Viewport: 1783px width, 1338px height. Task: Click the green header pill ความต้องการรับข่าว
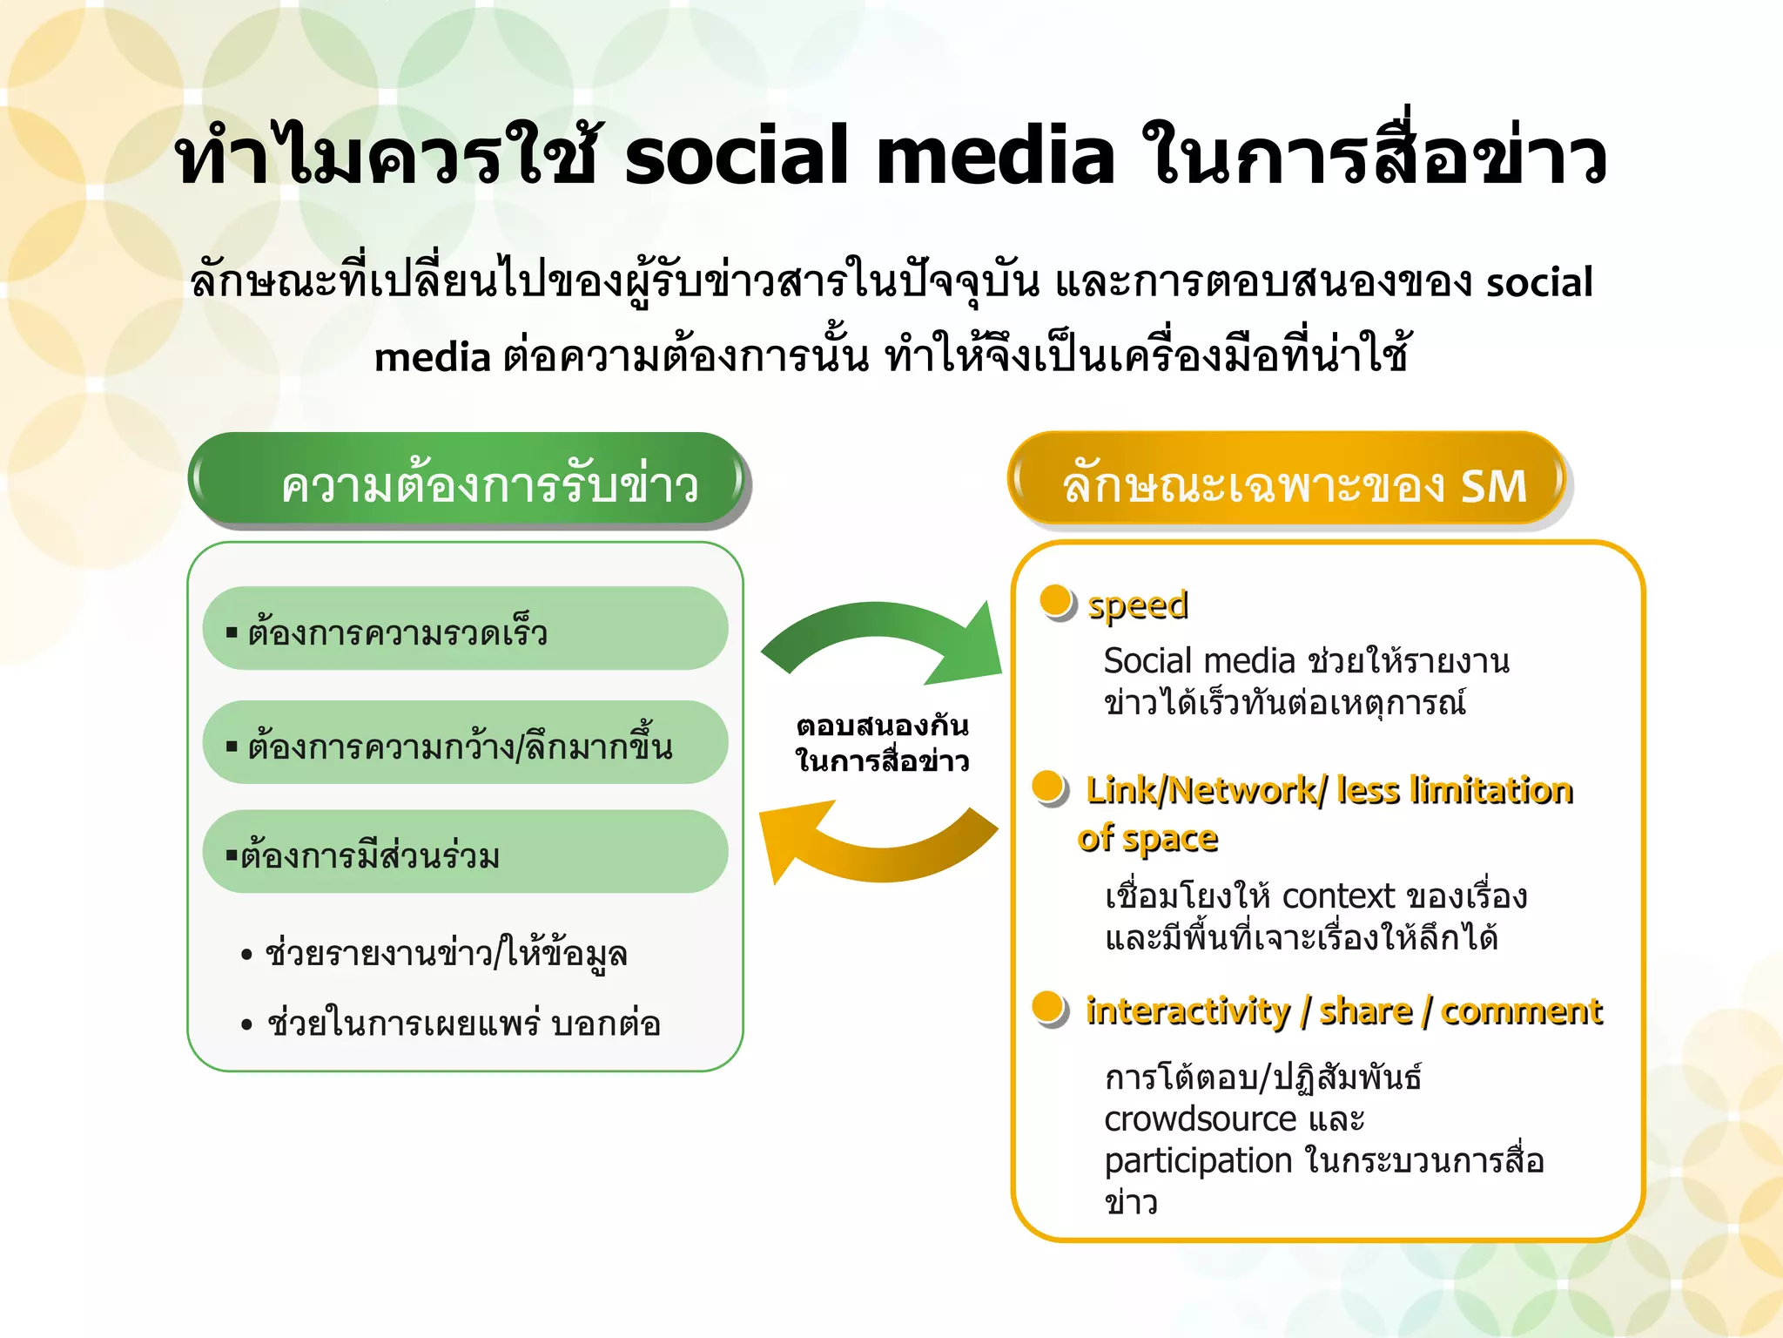click(x=468, y=481)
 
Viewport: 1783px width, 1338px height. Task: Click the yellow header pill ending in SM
click(x=1287, y=481)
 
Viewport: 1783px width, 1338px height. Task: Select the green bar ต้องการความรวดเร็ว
click(x=465, y=629)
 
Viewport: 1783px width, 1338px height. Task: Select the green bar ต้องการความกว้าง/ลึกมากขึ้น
click(x=465, y=743)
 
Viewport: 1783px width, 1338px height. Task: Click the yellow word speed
click(x=1137, y=605)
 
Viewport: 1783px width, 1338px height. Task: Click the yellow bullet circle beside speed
click(x=1057, y=601)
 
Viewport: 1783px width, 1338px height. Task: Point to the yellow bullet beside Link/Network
click(x=1049, y=787)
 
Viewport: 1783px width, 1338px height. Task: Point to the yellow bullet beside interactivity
click(x=1049, y=1008)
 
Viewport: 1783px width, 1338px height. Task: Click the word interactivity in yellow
click(x=1188, y=1011)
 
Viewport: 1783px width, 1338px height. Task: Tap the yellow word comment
click(x=1520, y=1011)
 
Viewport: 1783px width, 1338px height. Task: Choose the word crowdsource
click(x=1200, y=1119)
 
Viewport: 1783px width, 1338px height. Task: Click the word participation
click(x=1198, y=1161)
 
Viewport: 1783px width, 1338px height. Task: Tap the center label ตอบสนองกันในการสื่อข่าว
click(x=881, y=743)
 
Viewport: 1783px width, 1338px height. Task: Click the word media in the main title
click(x=994, y=157)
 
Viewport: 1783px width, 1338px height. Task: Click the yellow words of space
click(x=1147, y=839)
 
